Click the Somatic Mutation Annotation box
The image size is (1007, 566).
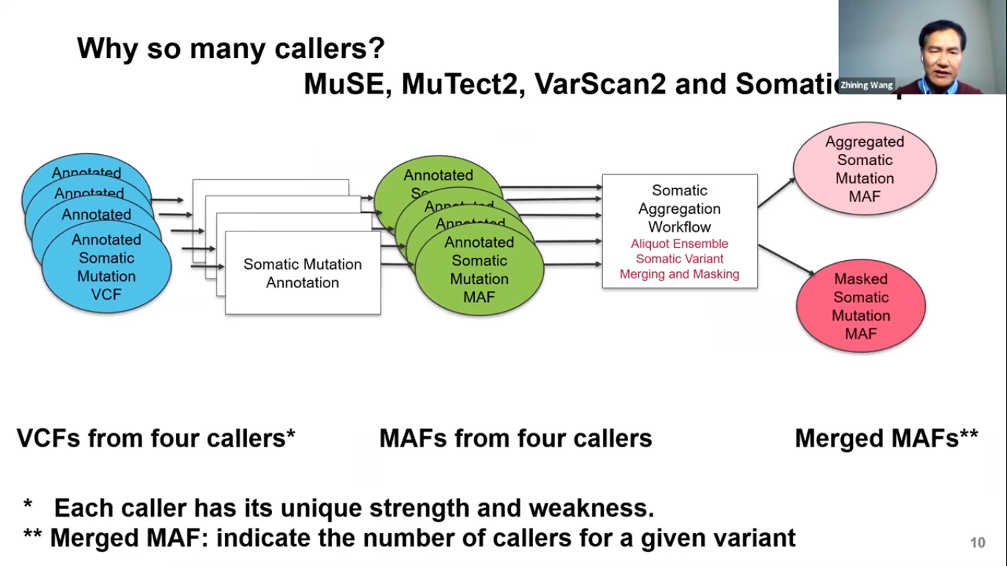pos(303,273)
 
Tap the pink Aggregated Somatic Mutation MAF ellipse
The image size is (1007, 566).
pos(865,170)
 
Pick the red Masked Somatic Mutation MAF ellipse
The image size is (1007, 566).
pos(860,306)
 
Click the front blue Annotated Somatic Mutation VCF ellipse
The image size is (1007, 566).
pos(107,268)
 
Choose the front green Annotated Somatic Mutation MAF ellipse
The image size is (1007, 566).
pos(479,270)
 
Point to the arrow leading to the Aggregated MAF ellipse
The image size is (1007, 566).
pos(776,192)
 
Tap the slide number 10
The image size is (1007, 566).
pos(978,543)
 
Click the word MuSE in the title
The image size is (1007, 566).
pos(347,85)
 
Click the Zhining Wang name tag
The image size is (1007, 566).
pos(865,85)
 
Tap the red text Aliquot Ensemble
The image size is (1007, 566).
pos(679,243)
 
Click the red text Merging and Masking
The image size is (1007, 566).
pos(679,274)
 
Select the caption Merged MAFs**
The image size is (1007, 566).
pos(886,439)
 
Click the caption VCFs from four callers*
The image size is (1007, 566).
pos(156,439)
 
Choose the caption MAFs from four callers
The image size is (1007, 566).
pos(515,439)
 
